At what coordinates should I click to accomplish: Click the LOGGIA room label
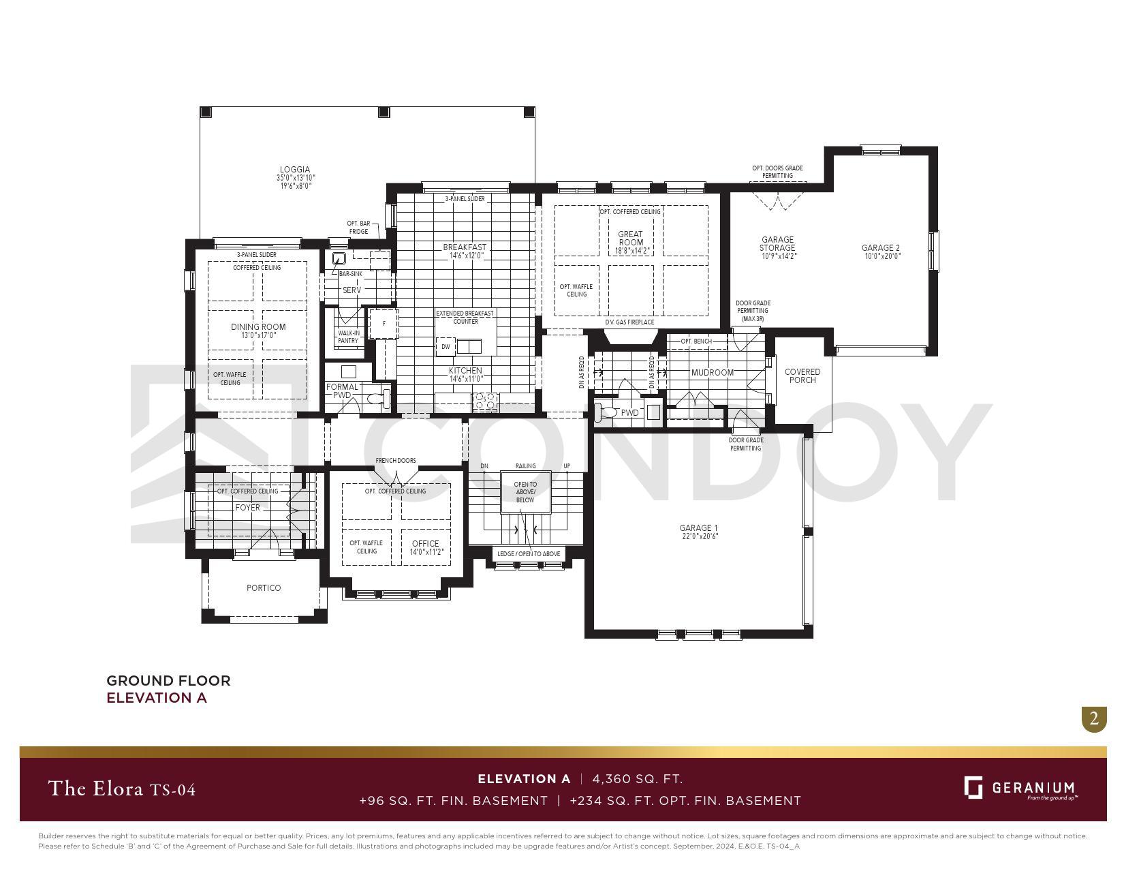294,170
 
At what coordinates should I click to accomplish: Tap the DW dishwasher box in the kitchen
446,346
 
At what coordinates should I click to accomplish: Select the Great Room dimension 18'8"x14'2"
630,251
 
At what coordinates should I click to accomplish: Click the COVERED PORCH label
802,376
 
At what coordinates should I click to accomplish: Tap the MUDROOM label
712,373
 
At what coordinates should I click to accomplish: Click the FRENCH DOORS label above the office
395,461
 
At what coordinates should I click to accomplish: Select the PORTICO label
264,588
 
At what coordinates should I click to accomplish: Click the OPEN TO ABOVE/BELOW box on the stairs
525,492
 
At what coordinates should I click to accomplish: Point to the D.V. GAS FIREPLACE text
629,322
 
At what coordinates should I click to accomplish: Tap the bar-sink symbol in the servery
339,259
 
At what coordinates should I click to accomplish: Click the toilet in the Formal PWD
375,399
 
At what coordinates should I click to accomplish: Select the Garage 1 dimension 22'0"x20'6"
698,536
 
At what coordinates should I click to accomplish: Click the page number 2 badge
1093,718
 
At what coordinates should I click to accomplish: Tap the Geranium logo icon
973,787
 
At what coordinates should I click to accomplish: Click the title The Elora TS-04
122,789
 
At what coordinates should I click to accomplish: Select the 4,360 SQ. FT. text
637,779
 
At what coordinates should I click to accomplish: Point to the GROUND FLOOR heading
168,680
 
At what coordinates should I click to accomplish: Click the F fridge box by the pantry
384,324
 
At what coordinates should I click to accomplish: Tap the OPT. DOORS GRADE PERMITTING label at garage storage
777,172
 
